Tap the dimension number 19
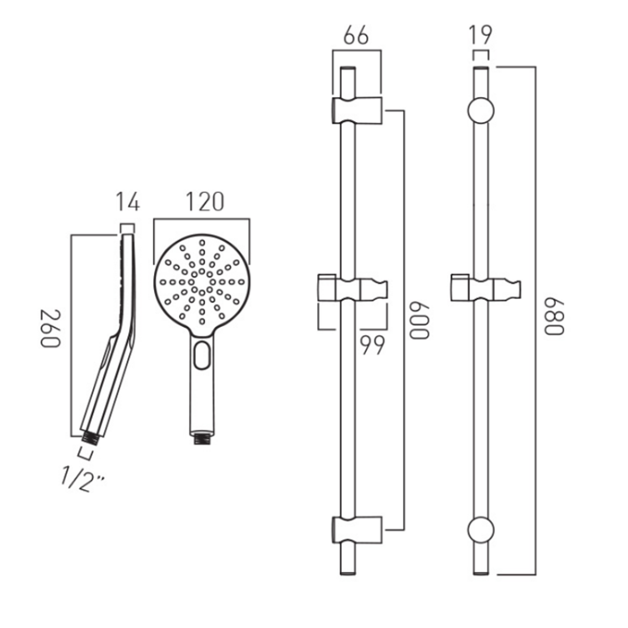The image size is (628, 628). (481, 35)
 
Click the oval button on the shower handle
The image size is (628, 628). (202, 355)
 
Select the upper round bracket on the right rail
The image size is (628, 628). (481, 111)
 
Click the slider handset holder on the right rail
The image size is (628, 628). (485, 289)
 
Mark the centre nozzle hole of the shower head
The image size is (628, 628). (202, 282)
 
